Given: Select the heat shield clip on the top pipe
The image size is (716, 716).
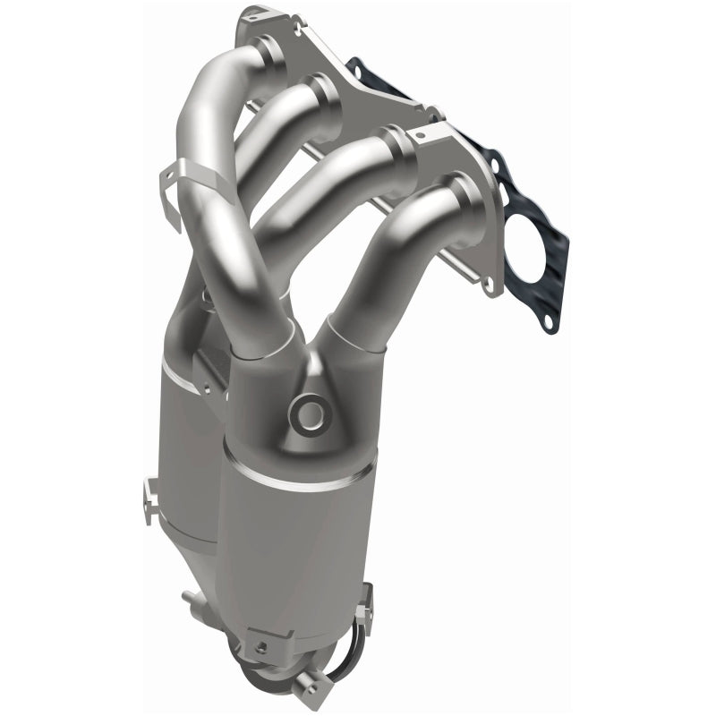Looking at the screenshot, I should coord(183,183).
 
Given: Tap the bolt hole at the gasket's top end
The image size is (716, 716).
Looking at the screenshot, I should coord(358,68).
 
